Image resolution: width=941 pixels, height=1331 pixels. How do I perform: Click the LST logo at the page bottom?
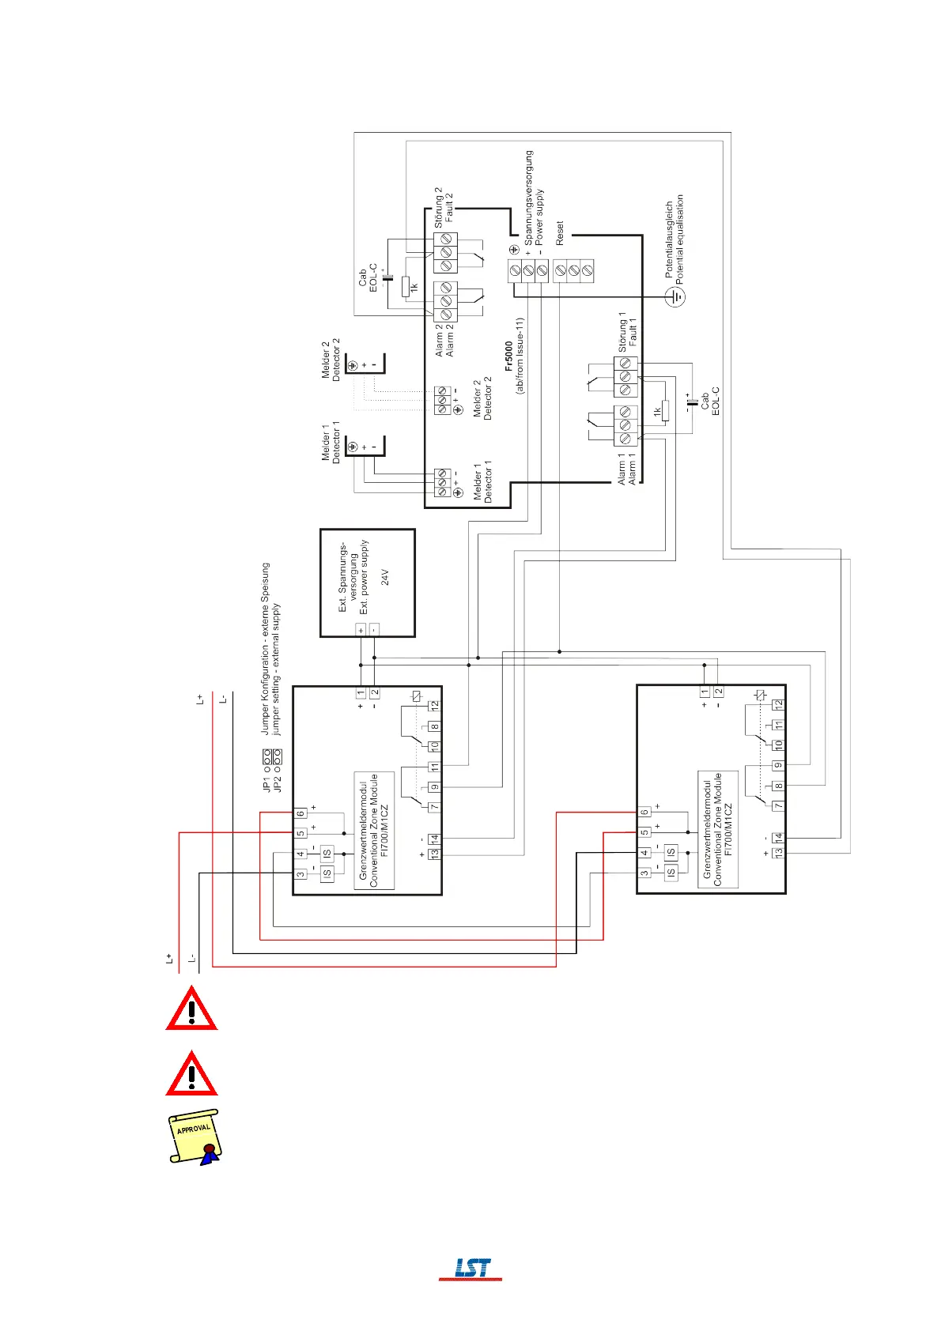(x=471, y=1268)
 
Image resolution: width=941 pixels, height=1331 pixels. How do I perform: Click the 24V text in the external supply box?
(x=385, y=577)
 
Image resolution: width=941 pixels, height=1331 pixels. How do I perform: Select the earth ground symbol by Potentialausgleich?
(x=675, y=297)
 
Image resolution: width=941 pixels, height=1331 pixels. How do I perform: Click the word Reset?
(x=560, y=234)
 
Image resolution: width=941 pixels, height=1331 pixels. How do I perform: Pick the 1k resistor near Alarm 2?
(x=406, y=287)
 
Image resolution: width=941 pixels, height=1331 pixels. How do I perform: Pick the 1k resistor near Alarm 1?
(x=665, y=411)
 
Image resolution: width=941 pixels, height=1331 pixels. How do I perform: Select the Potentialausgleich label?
(x=669, y=239)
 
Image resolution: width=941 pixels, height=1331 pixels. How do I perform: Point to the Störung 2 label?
(x=438, y=207)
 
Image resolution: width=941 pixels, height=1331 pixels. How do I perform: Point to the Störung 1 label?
(x=622, y=330)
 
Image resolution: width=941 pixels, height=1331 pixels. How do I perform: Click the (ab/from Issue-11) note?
(x=520, y=356)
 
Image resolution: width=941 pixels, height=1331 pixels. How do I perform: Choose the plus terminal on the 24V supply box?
(x=361, y=630)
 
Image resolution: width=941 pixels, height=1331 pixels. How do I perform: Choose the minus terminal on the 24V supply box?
(x=374, y=630)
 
